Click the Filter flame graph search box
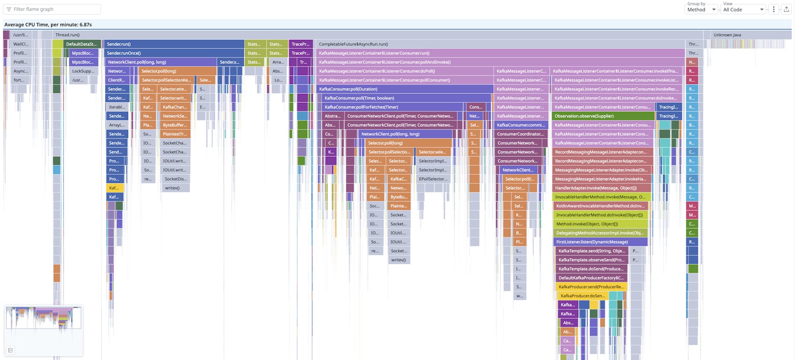tap(52, 9)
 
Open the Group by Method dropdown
tap(701, 9)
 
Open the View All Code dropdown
tap(743, 9)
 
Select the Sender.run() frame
tap(174, 44)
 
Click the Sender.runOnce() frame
tap(174, 53)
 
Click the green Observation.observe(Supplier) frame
tap(603, 116)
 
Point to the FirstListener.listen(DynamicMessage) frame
tap(600, 242)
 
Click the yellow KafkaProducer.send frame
tap(591, 287)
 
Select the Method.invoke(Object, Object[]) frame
tap(600, 224)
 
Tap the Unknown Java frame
tap(746, 35)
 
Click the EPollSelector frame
tap(433, 179)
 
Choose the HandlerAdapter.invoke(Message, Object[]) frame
tap(600, 188)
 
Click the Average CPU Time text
tap(48, 24)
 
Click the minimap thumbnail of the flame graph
tap(43, 318)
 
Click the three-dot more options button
tap(774, 9)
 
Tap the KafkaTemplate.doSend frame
tap(591, 269)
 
